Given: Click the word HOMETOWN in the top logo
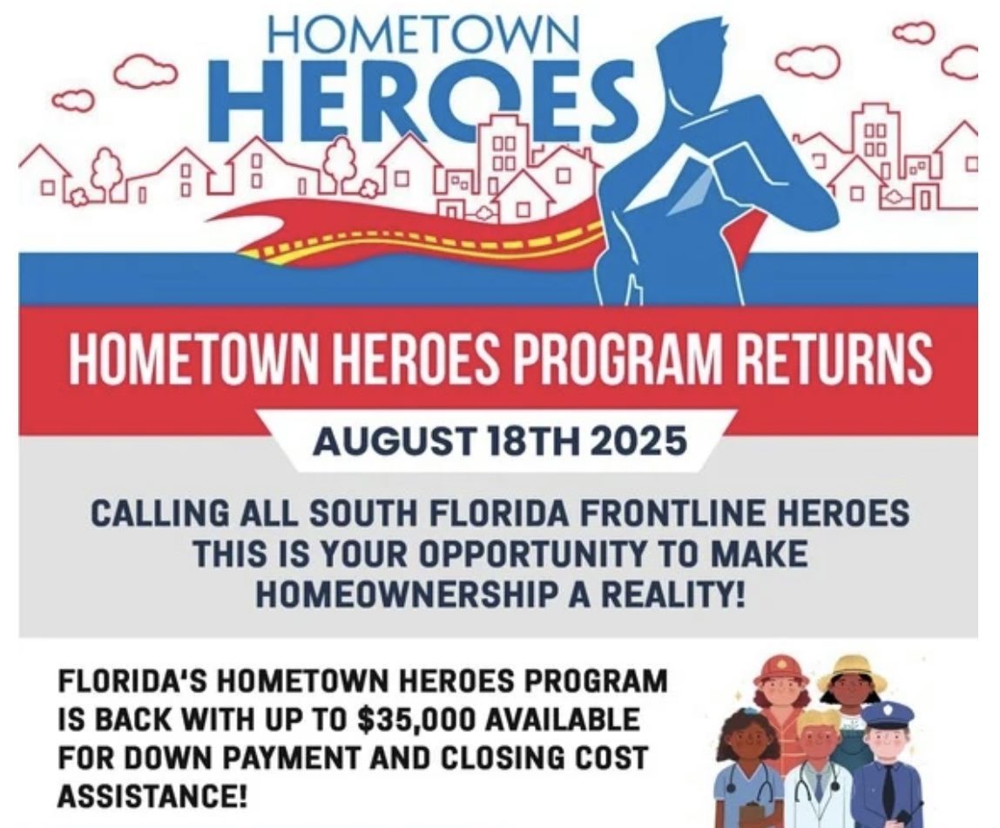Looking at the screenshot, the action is click(423, 32).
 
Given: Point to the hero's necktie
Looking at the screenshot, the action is click(695, 188).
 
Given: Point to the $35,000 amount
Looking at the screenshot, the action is click(417, 720).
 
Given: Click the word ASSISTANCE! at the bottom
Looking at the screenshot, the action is click(152, 796).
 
